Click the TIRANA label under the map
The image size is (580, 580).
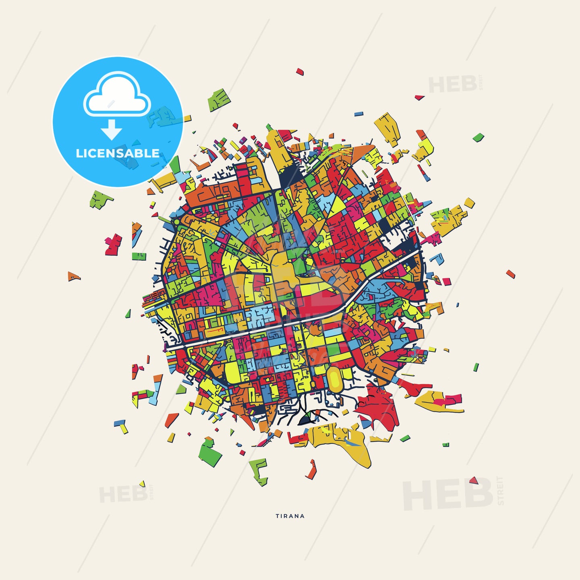pyautogui.click(x=290, y=516)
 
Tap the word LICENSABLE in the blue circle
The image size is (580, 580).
pyautogui.click(x=118, y=153)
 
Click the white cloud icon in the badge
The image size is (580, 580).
pyautogui.click(x=117, y=95)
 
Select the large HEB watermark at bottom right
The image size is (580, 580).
pyautogui.click(x=447, y=494)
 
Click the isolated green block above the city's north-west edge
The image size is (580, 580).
pyautogui.click(x=219, y=100)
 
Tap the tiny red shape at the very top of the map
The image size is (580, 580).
pyautogui.click(x=300, y=72)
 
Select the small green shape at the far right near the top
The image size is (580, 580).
pyautogui.click(x=478, y=137)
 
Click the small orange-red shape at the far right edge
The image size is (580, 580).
pyautogui.click(x=511, y=274)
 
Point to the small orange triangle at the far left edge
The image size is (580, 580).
pyautogui.click(x=73, y=277)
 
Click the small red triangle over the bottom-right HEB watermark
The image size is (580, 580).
pyautogui.click(x=474, y=481)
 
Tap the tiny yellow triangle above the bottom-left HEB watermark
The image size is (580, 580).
pyautogui.click(x=142, y=483)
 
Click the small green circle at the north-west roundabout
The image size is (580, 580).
pyautogui.click(x=176, y=221)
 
